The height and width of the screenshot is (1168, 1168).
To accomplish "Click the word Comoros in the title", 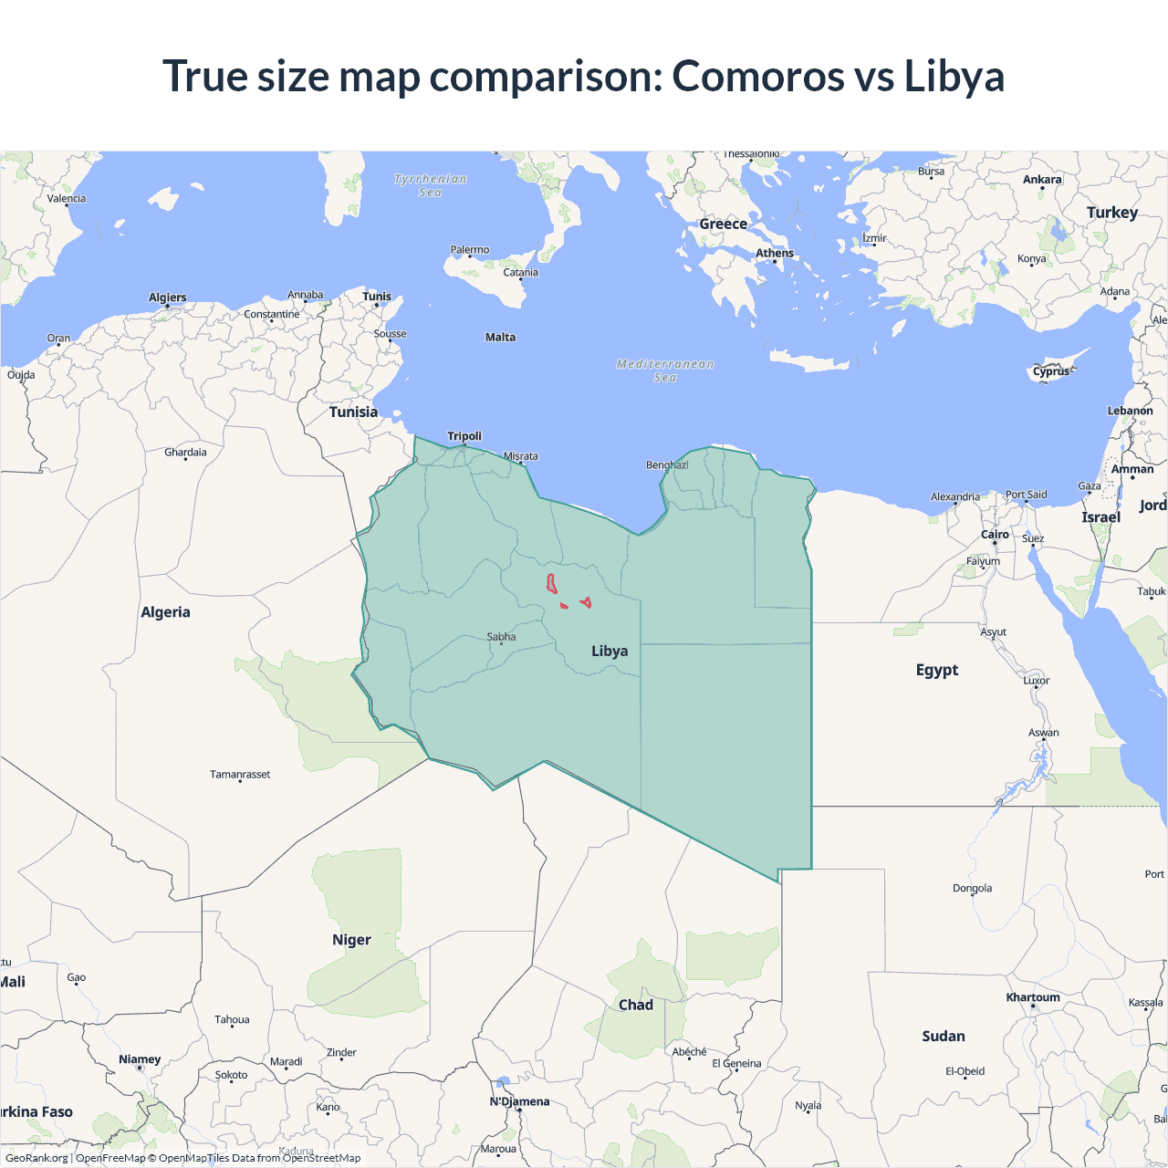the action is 756,76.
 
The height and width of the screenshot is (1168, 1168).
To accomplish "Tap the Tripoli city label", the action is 464,436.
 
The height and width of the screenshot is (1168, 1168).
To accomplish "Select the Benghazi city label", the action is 667,465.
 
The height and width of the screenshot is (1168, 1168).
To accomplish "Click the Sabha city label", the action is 501,637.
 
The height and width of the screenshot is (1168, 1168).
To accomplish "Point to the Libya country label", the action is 610,651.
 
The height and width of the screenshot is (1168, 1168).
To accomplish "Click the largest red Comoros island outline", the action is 552,584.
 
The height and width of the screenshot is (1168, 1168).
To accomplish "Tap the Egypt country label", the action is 937,670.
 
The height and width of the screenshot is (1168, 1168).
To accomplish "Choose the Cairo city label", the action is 995,535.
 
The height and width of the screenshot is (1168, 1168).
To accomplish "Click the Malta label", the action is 500,337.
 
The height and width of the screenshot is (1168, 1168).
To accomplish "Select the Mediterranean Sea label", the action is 665,370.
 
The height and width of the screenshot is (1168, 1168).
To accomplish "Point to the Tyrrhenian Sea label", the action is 431,185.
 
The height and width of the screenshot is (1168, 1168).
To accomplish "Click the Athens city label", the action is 775,253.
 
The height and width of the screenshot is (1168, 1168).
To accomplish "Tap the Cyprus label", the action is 1051,371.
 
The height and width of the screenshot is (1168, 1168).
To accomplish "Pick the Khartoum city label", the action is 1033,997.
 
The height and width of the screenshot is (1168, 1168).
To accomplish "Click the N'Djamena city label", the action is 519,1101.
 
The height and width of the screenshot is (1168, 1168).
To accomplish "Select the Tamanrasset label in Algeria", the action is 240,774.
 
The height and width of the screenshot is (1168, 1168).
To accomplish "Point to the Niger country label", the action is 351,940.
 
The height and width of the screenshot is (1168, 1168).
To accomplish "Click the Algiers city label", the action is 167,297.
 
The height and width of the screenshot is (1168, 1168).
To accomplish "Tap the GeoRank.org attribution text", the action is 36,1158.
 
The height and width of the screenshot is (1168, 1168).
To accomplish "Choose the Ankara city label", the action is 1042,180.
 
